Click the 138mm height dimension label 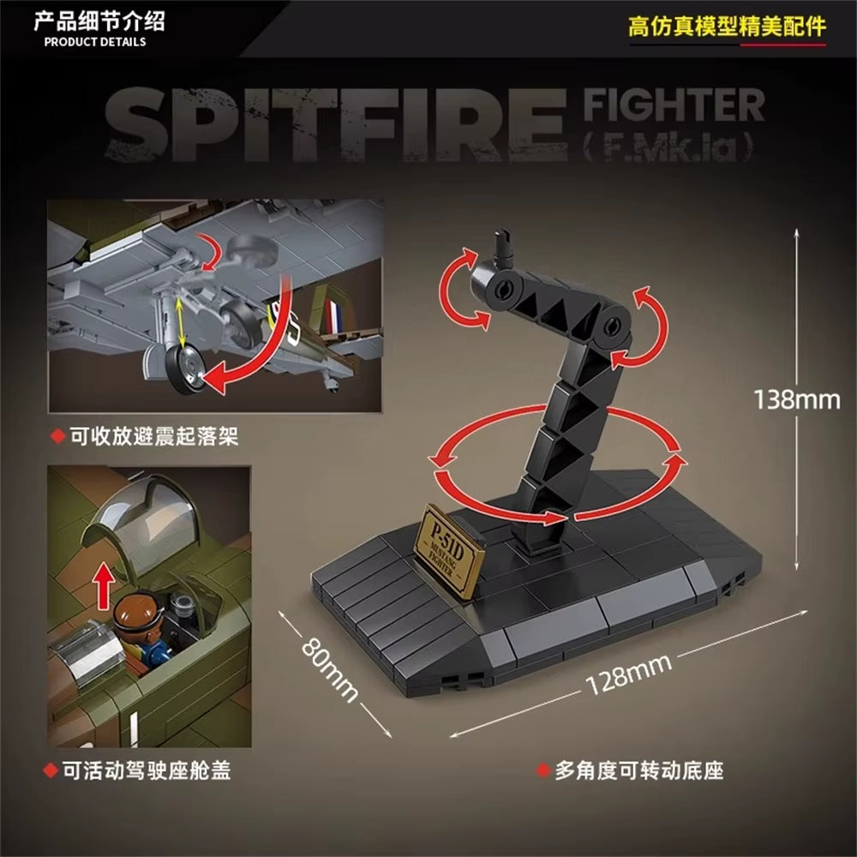797,399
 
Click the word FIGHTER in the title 674,105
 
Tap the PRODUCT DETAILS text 95,41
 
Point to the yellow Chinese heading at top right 727,26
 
